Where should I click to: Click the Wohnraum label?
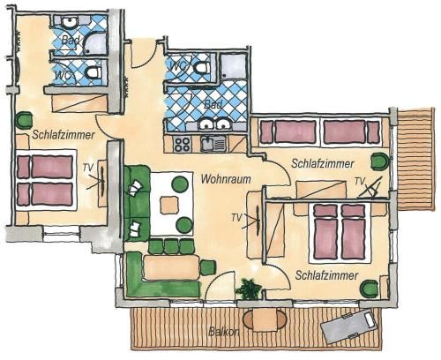pyautogui.click(x=226, y=179)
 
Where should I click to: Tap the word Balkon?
pyautogui.click(x=224, y=332)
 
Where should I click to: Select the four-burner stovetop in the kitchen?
pyautogui.click(x=182, y=144)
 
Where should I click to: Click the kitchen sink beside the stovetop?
pyautogui.click(x=213, y=144)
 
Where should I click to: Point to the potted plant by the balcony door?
pyautogui.click(x=249, y=289)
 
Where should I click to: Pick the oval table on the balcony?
pyautogui.click(x=265, y=319)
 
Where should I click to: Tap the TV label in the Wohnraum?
pyautogui.click(x=236, y=218)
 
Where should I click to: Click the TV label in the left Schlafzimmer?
pyautogui.click(x=87, y=168)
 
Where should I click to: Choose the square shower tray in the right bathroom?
pyautogui.click(x=234, y=66)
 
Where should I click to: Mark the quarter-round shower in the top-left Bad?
pyautogui.click(x=95, y=43)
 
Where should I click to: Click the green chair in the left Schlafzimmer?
pyautogui.click(x=24, y=121)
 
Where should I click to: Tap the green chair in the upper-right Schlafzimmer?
pyautogui.click(x=380, y=161)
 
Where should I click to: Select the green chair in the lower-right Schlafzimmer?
pyautogui.click(x=370, y=289)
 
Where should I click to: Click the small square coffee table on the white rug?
pyautogui.click(x=169, y=205)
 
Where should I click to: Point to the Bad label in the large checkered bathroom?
pyautogui.click(x=213, y=104)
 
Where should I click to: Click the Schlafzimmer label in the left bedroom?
pyautogui.click(x=64, y=135)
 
